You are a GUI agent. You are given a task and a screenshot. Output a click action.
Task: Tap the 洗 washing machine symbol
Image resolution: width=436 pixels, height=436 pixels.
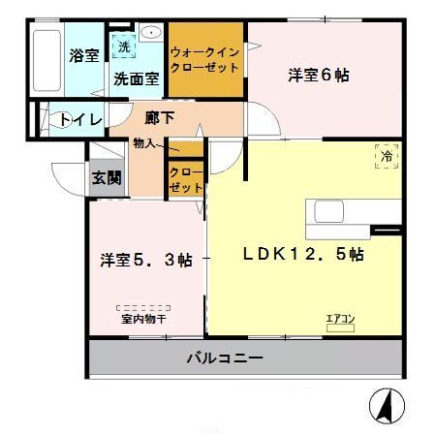coord(123,47)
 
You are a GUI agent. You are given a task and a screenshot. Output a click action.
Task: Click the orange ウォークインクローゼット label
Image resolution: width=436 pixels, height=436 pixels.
coord(205,61)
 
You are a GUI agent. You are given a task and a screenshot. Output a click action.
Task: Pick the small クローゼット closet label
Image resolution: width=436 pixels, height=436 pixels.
coord(185,178)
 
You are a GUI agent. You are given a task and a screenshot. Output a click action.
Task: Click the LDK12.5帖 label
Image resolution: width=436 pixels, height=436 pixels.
coord(302,256)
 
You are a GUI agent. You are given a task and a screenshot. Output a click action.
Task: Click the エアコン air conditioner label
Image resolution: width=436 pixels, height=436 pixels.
coord(340,317)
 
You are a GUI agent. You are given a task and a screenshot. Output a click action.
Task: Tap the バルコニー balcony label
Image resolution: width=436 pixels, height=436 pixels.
coord(225,358)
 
